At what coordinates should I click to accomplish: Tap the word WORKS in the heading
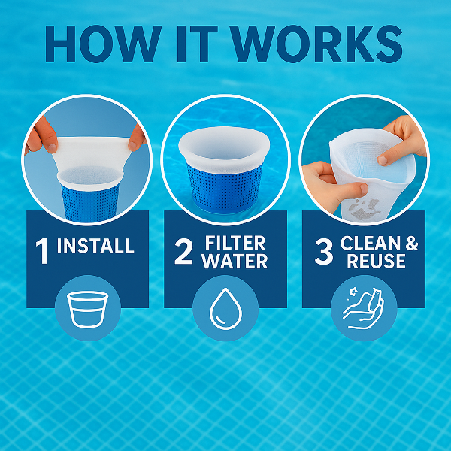click(x=317, y=44)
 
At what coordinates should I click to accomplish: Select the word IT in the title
click(x=197, y=44)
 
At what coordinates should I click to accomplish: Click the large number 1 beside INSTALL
click(x=42, y=251)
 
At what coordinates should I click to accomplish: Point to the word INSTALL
click(x=95, y=245)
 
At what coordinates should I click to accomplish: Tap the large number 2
click(x=183, y=252)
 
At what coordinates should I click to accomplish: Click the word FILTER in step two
click(x=235, y=244)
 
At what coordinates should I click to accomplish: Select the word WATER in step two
click(x=235, y=261)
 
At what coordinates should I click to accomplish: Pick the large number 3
click(x=324, y=252)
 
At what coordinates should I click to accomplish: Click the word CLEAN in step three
click(x=371, y=244)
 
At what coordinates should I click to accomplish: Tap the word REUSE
click(x=377, y=261)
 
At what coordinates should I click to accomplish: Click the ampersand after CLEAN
click(x=412, y=244)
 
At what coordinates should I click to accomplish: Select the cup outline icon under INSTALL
click(x=88, y=310)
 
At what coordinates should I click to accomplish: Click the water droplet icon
click(x=225, y=308)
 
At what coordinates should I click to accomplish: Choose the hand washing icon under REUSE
click(x=363, y=308)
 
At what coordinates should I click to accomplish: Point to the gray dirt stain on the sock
click(x=363, y=209)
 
